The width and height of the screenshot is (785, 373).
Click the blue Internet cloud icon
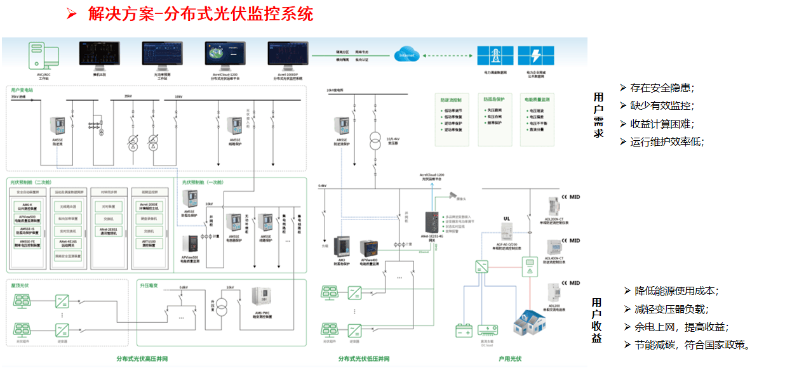click(406, 55)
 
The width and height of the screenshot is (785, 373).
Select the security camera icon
click(452, 195)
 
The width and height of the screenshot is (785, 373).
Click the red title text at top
click(200, 14)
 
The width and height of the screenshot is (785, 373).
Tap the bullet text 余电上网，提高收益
click(681, 327)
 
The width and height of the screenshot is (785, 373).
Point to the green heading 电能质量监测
click(537, 100)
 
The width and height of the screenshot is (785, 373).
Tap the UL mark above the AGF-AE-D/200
click(507, 218)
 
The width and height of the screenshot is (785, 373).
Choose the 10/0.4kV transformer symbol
click(374, 139)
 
